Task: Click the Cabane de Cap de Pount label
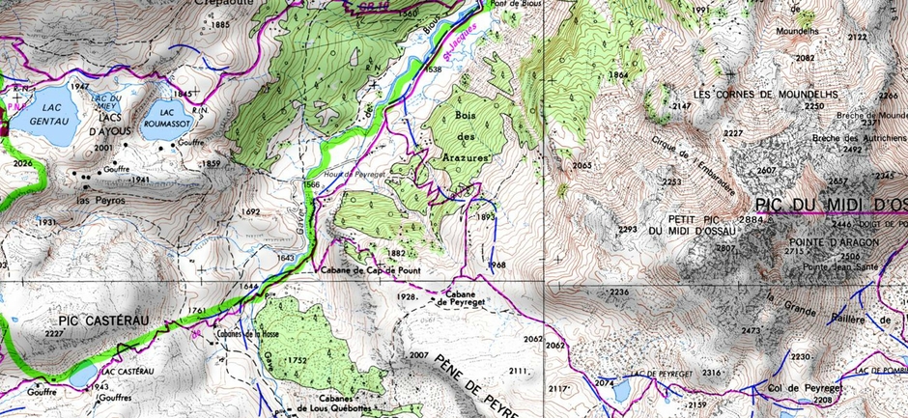(370, 270)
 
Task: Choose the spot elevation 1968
(497, 265)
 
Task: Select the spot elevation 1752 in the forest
(295, 360)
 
